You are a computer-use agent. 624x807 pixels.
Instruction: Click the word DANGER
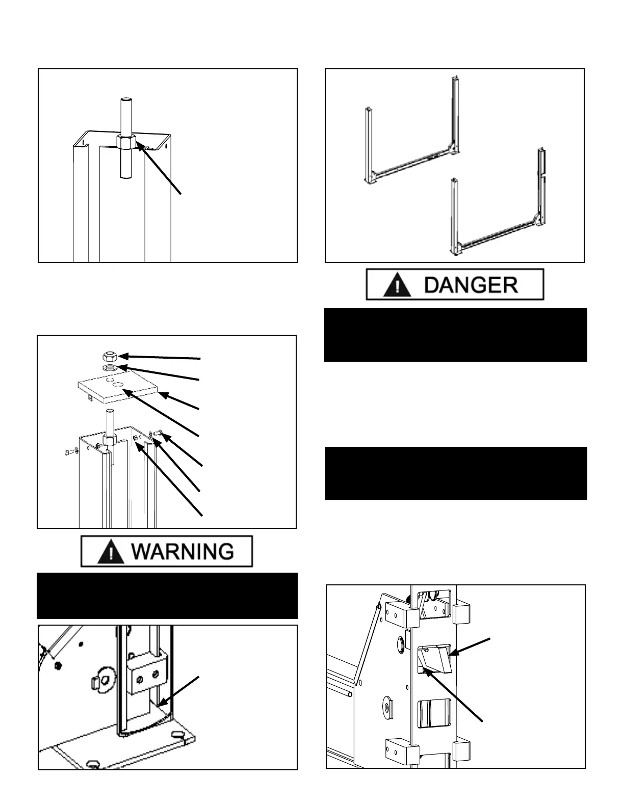pyautogui.click(x=471, y=284)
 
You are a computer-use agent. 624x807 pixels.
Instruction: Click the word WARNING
pyautogui.click(x=182, y=552)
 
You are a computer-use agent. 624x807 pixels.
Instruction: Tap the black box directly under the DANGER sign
pyautogui.click(x=456, y=334)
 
